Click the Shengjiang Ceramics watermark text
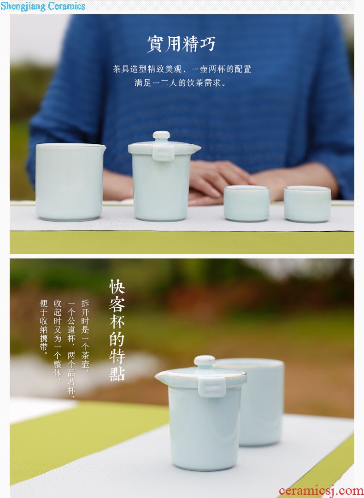tap(43, 6)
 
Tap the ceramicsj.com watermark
tap(321, 491)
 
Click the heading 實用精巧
tap(182, 44)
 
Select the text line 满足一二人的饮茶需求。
tap(180, 83)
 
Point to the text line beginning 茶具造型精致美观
tap(182, 69)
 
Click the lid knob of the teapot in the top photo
tap(161, 136)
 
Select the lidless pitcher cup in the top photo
tap(70, 182)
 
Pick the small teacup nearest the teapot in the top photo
tap(247, 203)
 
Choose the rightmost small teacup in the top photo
tap(307, 204)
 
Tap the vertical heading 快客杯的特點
tap(117, 330)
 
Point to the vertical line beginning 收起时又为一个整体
tap(58, 339)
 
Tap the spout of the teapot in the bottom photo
tap(162, 376)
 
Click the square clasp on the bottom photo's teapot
tap(212, 387)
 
